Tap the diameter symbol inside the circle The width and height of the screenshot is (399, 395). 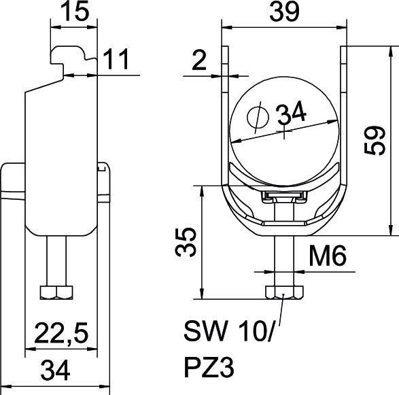coord(258,118)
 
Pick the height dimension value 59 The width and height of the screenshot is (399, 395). coord(373,141)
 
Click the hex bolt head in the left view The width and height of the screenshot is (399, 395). coord(56,292)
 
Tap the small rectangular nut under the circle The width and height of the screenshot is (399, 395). coord(283,197)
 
